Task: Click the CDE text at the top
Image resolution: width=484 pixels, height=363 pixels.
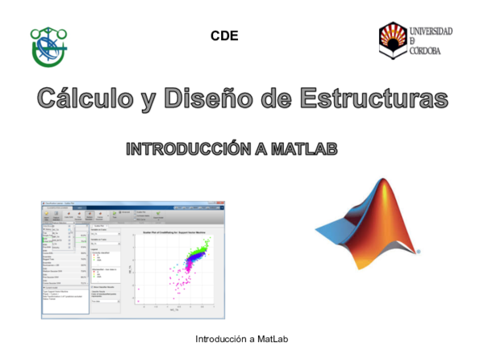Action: click(x=224, y=35)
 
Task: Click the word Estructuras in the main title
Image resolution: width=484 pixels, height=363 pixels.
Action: click(x=373, y=99)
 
